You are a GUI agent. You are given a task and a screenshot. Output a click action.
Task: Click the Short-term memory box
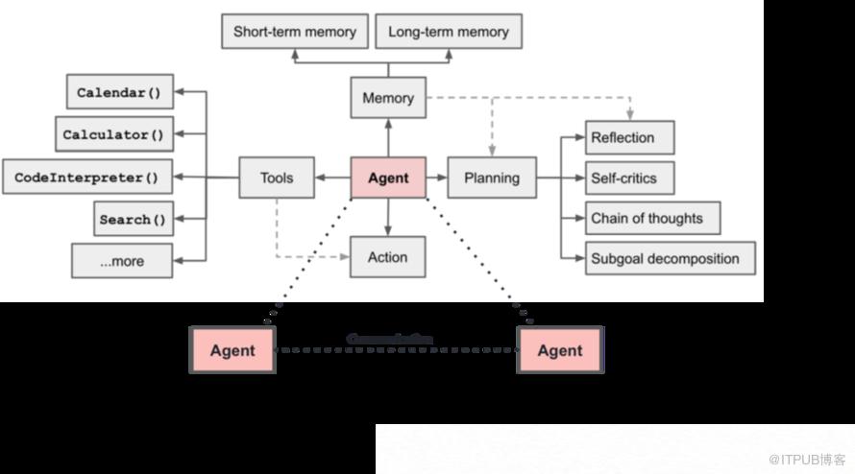[x=294, y=32]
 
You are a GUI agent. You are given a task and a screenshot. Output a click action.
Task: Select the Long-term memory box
[x=449, y=32]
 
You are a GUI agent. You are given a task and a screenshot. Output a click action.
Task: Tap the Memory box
[x=388, y=98]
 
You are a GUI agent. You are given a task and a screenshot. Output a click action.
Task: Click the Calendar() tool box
[x=119, y=93]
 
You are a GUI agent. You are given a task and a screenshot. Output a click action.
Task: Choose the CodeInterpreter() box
[x=86, y=178]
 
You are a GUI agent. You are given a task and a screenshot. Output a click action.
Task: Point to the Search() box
[x=133, y=220]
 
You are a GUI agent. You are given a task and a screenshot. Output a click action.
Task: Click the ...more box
[x=122, y=261]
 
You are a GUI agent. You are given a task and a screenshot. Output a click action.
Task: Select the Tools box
[x=277, y=178]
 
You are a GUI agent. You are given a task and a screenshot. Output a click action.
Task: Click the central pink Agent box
[x=388, y=178]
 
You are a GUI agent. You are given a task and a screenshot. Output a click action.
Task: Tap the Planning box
[x=492, y=178]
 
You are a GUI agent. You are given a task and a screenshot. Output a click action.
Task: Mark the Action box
[x=388, y=257]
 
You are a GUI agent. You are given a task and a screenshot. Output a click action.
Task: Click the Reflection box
[x=629, y=137]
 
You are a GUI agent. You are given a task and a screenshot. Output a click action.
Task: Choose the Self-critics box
[x=629, y=178]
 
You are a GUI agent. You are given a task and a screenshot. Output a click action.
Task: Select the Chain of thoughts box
[x=652, y=218]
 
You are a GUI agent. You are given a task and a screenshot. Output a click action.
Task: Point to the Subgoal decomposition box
[x=670, y=258]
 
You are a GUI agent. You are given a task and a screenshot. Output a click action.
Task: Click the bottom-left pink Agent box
[x=232, y=350]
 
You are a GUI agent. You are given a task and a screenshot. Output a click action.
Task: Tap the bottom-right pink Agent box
[x=560, y=350]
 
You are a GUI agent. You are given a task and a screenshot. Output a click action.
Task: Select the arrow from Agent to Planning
[x=437, y=178]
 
